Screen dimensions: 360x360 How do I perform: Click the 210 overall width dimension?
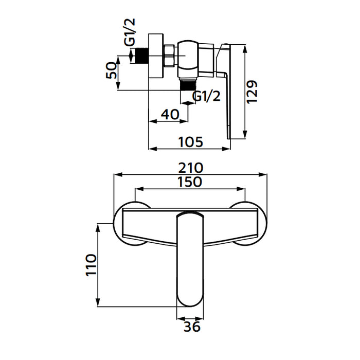[191, 168]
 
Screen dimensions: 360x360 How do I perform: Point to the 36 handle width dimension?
[191, 326]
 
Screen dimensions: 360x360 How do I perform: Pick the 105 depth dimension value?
[189, 141]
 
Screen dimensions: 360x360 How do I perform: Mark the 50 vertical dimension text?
[111, 71]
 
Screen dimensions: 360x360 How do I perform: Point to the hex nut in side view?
[168, 56]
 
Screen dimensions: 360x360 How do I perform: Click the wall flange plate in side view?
[155, 56]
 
